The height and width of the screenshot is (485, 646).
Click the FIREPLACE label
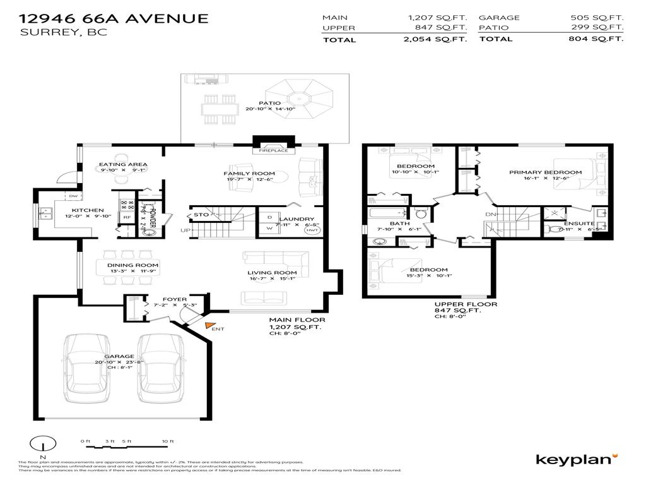(273, 151)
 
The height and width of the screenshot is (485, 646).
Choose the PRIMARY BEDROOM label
(545, 172)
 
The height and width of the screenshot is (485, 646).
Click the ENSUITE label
(579, 223)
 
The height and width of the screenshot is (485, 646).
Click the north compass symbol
(42, 445)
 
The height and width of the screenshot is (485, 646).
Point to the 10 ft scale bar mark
(167, 441)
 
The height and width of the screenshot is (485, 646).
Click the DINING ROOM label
(132, 265)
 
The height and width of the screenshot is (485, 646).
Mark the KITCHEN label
(87, 210)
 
